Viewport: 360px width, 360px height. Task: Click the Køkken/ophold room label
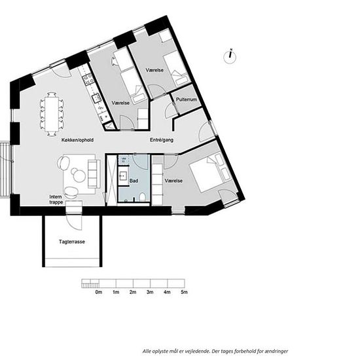click(78, 140)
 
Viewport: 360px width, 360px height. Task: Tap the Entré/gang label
click(162, 140)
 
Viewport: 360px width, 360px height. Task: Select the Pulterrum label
click(187, 99)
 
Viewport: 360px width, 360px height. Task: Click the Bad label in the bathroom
click(134, 181)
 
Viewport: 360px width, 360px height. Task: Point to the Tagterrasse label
click(72, 242)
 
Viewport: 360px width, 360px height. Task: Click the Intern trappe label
click(56, 200)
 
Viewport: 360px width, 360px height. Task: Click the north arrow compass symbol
click(230, 56)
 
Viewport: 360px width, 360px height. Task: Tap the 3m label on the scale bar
click(150, 292)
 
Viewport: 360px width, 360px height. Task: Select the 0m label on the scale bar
click(98, 292)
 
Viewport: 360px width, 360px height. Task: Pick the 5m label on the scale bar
click(184, 292)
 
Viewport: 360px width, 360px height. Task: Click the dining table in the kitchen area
click(52, 114)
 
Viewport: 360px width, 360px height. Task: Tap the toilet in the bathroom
click(142, 197)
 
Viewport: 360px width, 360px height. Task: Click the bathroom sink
click(122, 176)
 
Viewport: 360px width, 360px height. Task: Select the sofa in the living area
click(94, 174)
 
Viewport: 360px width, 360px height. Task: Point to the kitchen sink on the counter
click(96, 98)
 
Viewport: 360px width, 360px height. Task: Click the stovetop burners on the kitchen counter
click(88, 79)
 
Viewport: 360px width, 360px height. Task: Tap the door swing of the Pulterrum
click(171, 110)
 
